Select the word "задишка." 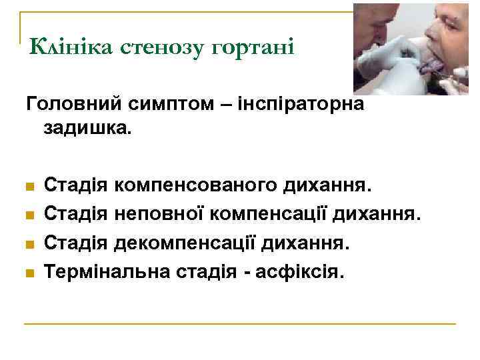pyautogui.click(x=88, y=128)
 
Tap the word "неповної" pyautogui.click(x=161, y=213)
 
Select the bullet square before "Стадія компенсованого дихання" pyautogui.click(x=29, y=185)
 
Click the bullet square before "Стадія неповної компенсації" pyautogui.click(x=29, y=215)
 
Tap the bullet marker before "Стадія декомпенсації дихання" pyautogui.click(x=29, y=244)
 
